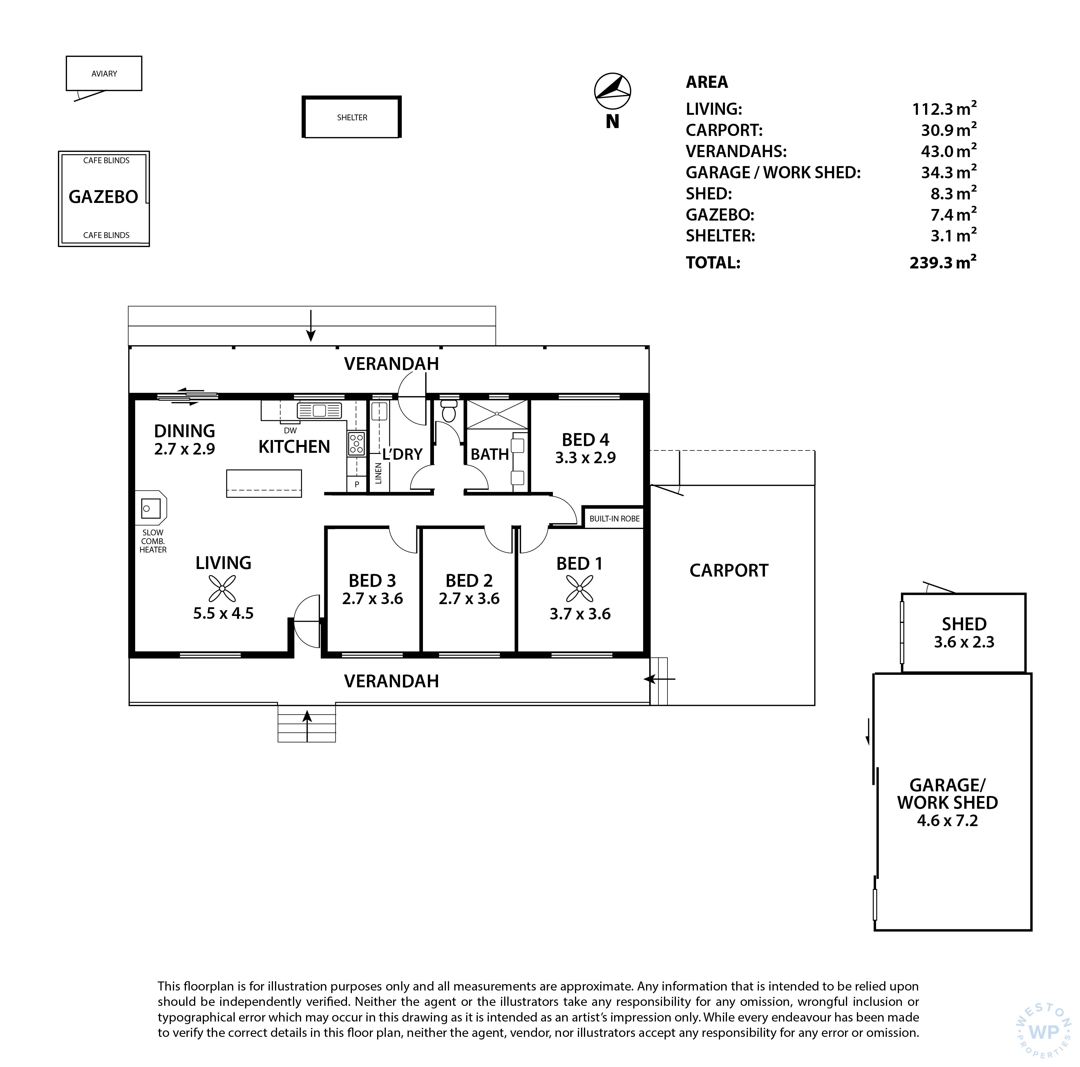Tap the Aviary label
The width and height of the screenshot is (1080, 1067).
click(x=104, y=74)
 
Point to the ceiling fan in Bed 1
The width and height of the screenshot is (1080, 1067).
click(x=580, y=589)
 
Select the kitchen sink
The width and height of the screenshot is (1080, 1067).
click(x=319, y=411)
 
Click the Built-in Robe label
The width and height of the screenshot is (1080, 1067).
click(x=614, y=518)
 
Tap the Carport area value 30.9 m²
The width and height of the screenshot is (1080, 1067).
click(x=949, y=130)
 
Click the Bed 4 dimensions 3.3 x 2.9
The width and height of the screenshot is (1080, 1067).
click(x=585, y=457)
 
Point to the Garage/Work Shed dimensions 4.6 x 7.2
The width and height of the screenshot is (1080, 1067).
click(x=947, y=821)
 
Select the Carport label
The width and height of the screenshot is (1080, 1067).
click(x=729, y=570)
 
